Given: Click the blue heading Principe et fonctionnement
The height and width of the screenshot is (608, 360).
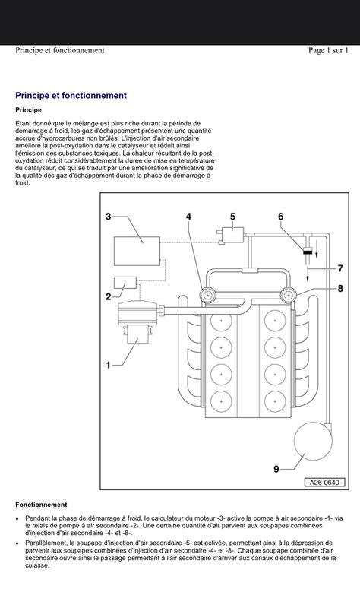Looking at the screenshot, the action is [x=71, y=96].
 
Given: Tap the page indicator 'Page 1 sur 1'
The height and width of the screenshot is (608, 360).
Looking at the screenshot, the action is [x=328, y=50].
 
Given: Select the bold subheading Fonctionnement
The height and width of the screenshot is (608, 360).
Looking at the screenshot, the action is [x=41, y=505].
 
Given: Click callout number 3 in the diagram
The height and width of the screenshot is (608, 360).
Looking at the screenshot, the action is [x=108, y=217].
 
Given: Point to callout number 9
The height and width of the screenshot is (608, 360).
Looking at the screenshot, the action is [x=276, y=469].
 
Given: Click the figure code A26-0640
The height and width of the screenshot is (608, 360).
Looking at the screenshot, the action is [x=324, y=483].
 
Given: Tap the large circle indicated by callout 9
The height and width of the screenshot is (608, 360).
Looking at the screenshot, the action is [x=313, y=442].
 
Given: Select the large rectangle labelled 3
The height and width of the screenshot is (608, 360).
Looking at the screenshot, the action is [x=137, y=251].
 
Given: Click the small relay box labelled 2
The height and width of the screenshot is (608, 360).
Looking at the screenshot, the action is [x=125, y=282].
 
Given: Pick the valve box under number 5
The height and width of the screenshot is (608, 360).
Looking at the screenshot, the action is [x=232, y=235].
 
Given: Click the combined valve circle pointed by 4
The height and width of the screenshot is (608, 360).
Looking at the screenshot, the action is [x=208, y=296].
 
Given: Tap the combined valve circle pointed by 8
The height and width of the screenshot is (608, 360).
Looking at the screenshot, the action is [x=288, y=296].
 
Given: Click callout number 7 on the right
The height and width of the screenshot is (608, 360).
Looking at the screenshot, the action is [x=340, y=268].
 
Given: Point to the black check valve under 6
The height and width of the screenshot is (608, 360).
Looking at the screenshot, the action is [x=308, y=252].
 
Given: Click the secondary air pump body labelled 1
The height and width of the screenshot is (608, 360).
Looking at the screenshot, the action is [x=138, y=321].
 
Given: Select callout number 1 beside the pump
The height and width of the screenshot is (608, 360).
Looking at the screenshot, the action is [x=108, y=365].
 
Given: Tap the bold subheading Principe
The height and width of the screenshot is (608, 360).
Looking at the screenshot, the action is [x=28, y=110].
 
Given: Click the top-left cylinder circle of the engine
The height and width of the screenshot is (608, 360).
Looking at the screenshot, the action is [x=221, y=321].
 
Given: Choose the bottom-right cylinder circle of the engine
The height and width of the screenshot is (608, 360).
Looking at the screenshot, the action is [x=275, y=401].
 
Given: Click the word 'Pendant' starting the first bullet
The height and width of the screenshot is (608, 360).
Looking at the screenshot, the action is [x=36, y=518].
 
